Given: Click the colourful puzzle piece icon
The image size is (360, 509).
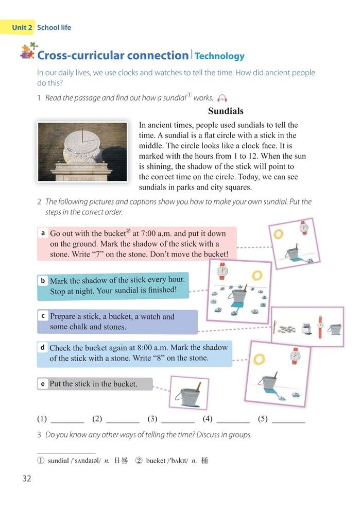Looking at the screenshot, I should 28,51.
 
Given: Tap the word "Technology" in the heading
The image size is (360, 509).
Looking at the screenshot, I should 219,56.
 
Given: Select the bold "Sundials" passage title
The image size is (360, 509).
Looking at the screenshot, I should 226,111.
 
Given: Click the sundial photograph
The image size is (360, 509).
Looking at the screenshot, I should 82,151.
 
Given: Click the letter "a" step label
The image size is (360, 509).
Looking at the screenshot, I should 43,233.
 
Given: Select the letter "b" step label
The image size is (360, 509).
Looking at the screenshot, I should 43,280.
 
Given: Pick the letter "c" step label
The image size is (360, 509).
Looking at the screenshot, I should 43,316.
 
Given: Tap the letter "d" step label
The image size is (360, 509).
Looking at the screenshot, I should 43,348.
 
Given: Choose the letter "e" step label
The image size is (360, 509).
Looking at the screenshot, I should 43,384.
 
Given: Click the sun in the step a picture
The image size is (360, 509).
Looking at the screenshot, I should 279,234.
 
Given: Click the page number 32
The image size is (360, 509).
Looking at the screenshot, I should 27,479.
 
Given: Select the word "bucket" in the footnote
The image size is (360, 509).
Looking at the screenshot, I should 156,461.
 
